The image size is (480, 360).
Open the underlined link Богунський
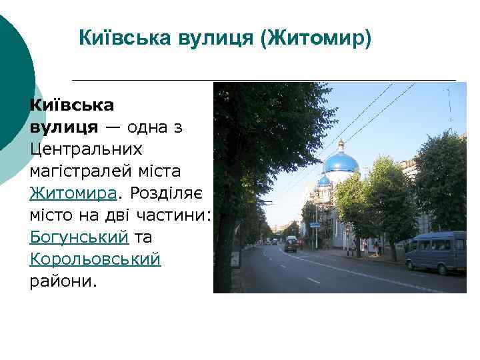[x=79, y=237]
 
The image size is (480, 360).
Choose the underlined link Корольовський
[x=95, y=259]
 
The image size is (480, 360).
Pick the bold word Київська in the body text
[x=71, y=105]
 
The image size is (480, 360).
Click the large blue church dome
[x=341, y=162]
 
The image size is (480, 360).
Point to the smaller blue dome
[x=324, y=180]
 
